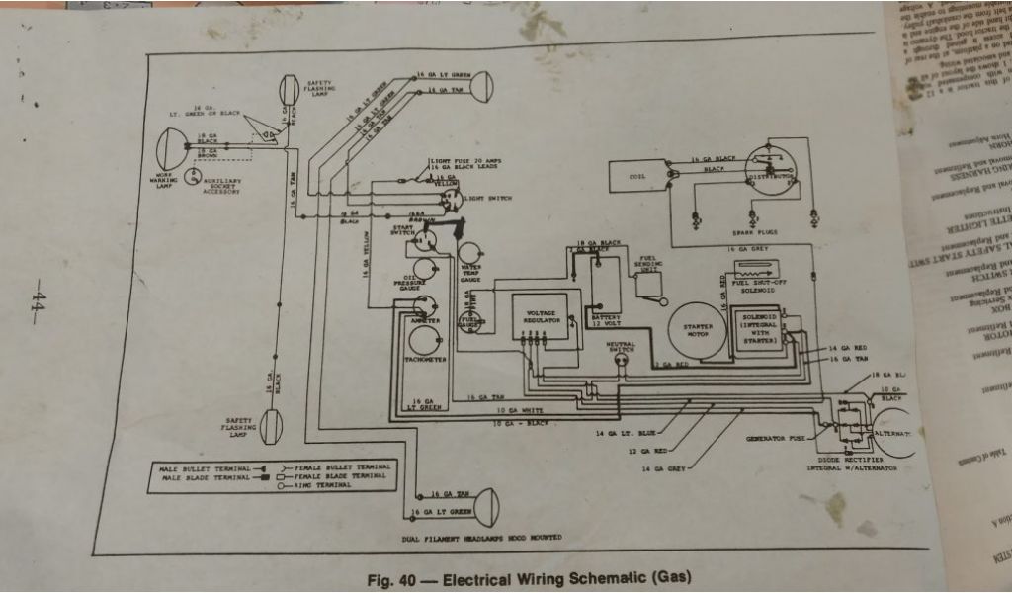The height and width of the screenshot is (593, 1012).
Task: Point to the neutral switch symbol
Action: (x=622, y=361)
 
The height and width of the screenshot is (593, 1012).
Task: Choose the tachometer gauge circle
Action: (x=426, y=341)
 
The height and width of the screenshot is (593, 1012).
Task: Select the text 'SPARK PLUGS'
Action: (x=755, y=233)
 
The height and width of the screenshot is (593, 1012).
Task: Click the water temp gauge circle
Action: (x=469, y=253)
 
